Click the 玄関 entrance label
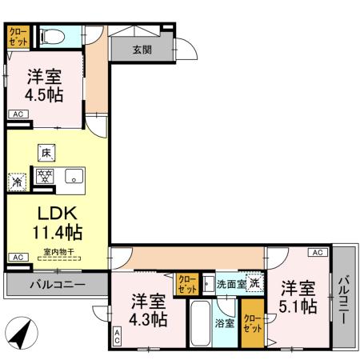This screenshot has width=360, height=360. coord(142,49)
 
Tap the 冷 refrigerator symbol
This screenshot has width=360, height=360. coord(17,181)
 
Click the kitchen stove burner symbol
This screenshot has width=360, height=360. coord(44,177)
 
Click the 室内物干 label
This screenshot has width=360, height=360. coord(58,253)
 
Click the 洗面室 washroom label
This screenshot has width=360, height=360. coord(230,283)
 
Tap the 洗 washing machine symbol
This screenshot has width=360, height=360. coord(254,282)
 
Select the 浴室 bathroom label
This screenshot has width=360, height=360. coord(224,322)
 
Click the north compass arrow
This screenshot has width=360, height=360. coord(23,332)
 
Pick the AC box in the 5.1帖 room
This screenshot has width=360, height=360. coord(318,253)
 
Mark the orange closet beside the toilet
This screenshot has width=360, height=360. coord(17,38)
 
